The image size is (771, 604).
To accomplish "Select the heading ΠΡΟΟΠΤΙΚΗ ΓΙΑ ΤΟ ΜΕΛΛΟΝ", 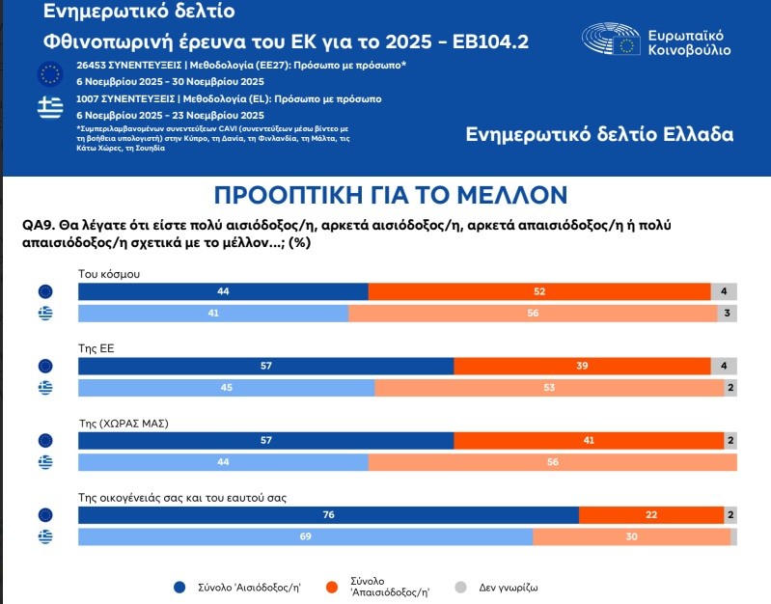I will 390,195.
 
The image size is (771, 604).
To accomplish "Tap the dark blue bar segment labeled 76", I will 328,515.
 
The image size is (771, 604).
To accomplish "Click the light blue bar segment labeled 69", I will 305,537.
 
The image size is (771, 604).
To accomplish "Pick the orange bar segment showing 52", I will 539,291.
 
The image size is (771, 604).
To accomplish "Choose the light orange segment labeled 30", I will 631,537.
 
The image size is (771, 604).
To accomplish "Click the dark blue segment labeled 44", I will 223,291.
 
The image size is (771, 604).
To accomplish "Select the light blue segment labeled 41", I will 212,314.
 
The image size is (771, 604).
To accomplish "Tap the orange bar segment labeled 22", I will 651,515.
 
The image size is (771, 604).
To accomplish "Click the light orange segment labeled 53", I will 548,388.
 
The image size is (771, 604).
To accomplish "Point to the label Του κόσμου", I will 109,273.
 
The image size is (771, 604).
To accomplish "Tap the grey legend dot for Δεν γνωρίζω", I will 460,586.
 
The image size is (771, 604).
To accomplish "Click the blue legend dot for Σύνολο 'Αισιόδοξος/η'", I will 179,586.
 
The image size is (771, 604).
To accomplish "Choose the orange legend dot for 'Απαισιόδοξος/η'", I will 331,586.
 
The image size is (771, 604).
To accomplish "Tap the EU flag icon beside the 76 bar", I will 44,515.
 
